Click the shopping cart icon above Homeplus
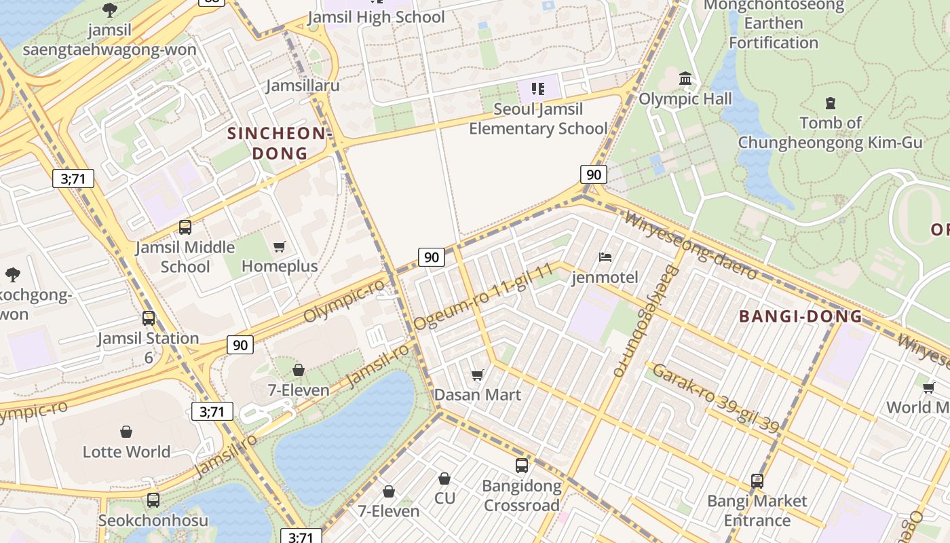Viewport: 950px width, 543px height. [x=279, y=246]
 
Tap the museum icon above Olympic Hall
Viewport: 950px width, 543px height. [x=685, y=79]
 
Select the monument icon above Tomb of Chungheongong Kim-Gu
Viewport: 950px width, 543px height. [x=830, y=103]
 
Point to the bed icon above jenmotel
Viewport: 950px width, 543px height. [x=605, y=257]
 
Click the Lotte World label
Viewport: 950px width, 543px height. [x=126, y=451]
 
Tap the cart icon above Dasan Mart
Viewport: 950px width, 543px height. [x=478, y=375]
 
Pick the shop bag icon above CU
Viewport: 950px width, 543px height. [x=444, y=479]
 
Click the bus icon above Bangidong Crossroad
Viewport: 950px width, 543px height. [x=521, y=466]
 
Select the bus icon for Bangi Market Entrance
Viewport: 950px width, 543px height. [x=757, y=481]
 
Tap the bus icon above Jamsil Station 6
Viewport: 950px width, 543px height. [x=148, y=318]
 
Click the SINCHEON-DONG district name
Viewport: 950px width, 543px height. [x=280, y=143]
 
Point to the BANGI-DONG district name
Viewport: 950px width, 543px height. [x=800, y=316]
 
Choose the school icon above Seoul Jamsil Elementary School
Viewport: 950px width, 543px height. [x=538, y=89]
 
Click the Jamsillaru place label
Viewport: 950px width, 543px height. [x=303, y=86]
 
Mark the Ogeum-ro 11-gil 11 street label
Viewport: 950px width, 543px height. [x=483, y=297]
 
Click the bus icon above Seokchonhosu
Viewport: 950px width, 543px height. [x=153, y=500]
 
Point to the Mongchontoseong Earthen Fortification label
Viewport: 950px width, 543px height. [x=774, y=24]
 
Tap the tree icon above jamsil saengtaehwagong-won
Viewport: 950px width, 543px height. [x=109, y=10]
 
